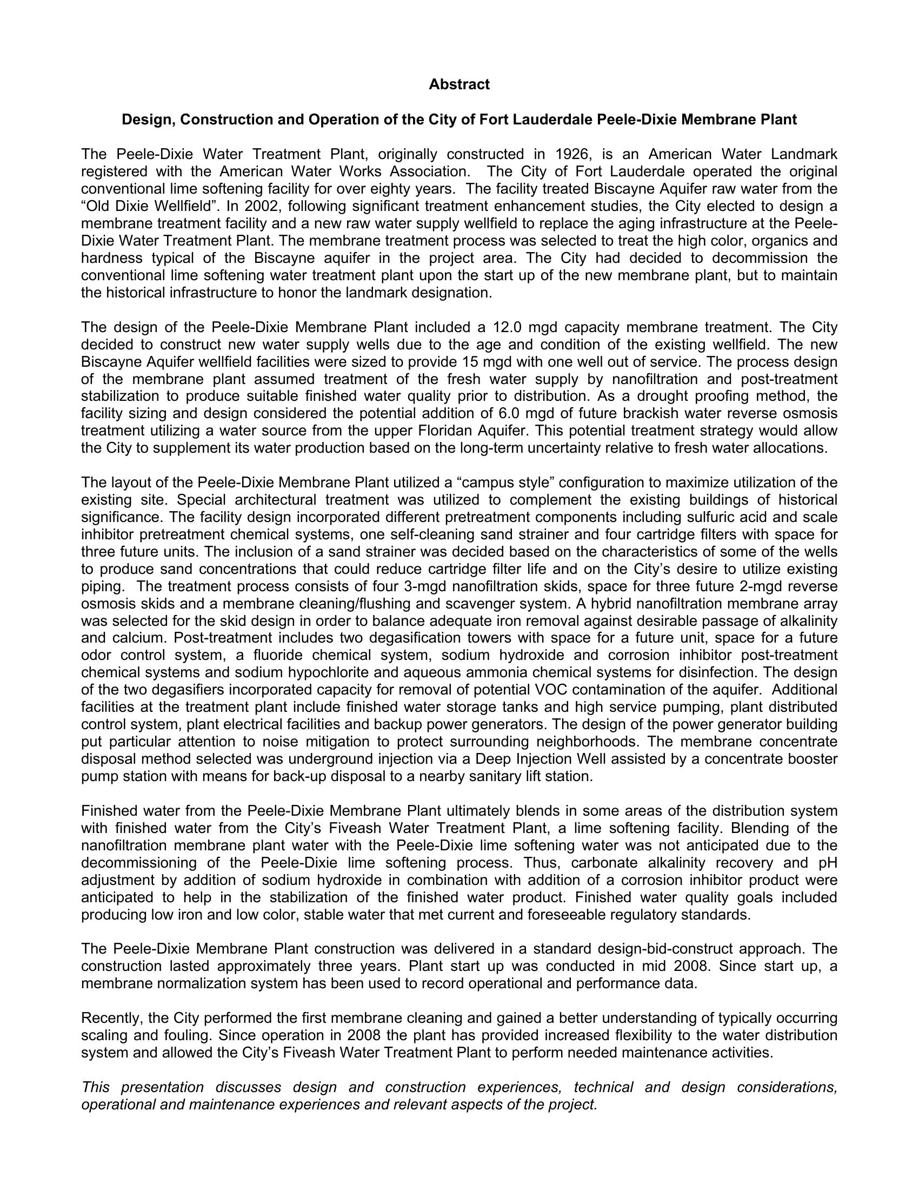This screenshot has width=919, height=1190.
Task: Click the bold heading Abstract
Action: (x=459, y=84)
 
